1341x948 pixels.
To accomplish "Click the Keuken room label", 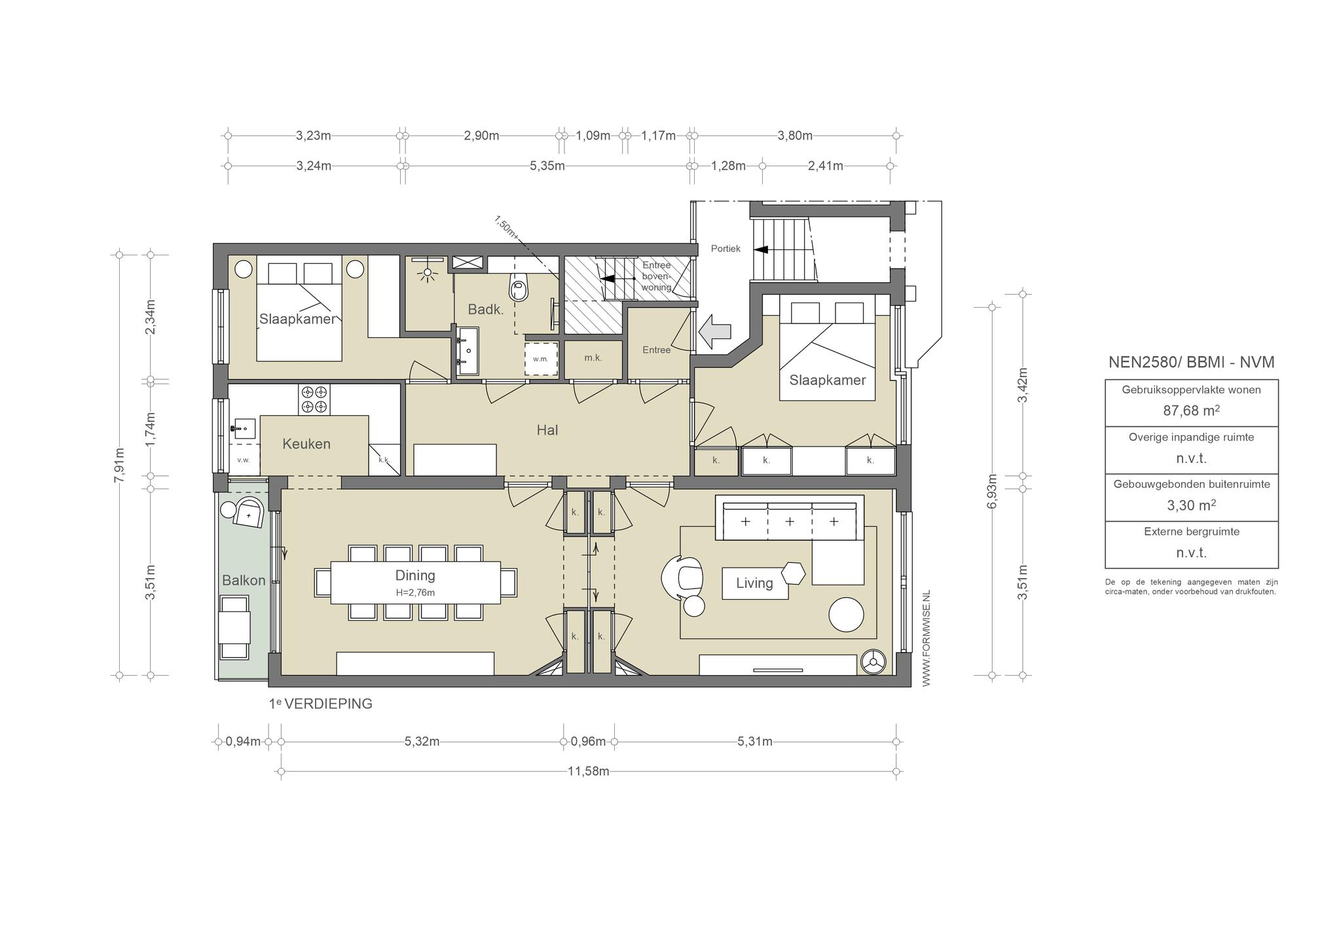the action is point(306,444).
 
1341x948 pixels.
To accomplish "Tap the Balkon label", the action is point(244,580).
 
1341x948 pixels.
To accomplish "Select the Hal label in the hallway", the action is point(547,430).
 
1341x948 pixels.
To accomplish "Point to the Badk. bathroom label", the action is point(486,310).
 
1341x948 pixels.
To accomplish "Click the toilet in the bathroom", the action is point(519,287).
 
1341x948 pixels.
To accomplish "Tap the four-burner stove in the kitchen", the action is point(314,399).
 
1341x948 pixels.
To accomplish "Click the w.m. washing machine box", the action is point(541,359).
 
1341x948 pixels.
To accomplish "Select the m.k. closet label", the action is point(593,358).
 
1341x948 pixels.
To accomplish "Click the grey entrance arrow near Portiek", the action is point(714,333).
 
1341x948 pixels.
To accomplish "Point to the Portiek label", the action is point(726,249).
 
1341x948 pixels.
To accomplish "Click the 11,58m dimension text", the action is point(589,771).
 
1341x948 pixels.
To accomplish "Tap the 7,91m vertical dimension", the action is point(119,465).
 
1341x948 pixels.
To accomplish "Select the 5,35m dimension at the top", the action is point(547,166).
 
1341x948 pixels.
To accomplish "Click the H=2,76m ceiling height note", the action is point(415,592).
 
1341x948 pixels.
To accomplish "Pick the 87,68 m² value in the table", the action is point(1192,410).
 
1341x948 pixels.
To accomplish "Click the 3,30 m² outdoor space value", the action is point(1192,505).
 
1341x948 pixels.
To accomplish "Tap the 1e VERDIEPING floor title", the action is point(320,704).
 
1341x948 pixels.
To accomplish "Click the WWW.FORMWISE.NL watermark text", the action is point(926,638).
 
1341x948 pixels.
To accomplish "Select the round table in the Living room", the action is point(846,615).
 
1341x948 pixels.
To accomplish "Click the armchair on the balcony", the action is point(249,512).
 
